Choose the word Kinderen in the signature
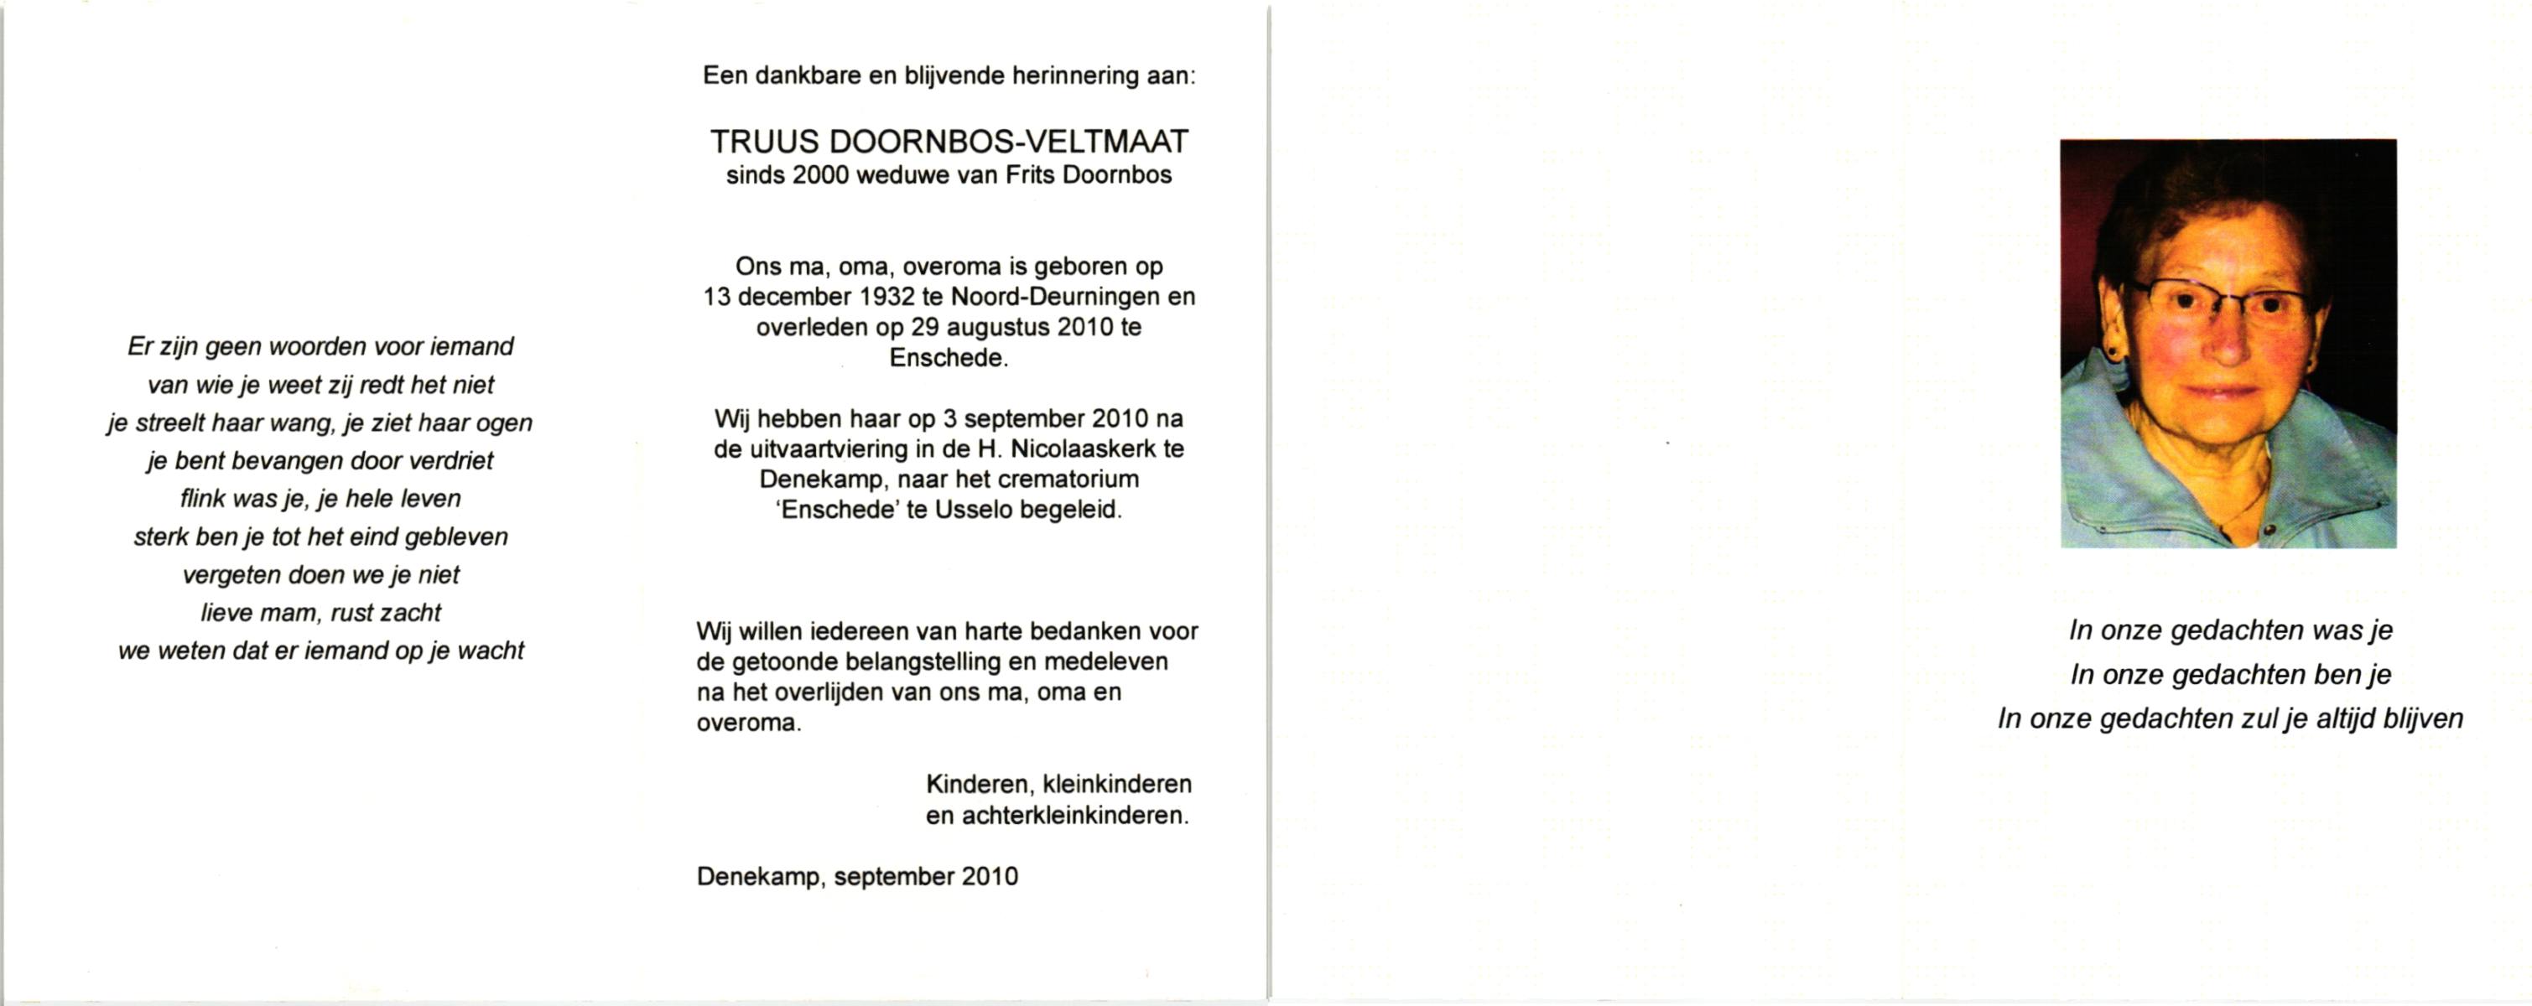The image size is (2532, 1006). [x=978, y=785]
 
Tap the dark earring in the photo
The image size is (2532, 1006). [x=2110, y=348]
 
